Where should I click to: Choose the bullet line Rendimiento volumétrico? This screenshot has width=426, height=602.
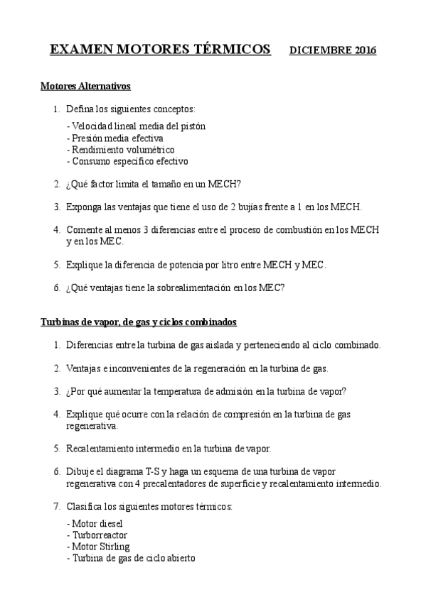point(121,149)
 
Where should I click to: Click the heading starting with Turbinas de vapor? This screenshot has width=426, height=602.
point(138,322)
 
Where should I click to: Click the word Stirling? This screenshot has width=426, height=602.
point(114,547)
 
